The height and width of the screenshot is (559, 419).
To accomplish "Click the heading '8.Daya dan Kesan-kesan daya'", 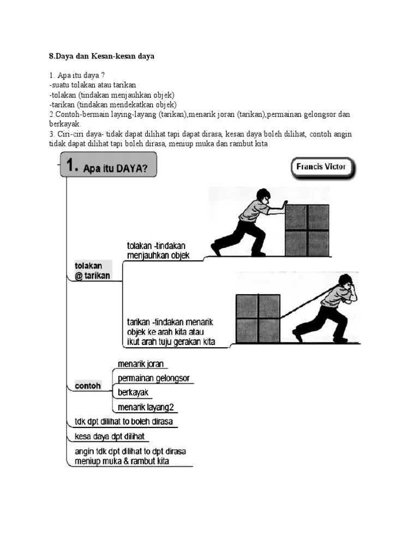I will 102,56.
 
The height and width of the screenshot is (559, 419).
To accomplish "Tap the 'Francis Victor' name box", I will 321,167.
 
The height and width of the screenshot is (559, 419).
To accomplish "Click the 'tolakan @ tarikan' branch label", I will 92,271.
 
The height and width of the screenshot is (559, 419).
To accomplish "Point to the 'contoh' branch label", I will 87,385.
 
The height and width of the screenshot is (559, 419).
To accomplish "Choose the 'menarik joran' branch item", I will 140,364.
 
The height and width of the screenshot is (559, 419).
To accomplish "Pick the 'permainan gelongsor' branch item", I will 153,378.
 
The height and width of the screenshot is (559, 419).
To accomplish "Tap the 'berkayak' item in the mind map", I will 133,392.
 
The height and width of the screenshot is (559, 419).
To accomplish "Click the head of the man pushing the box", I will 263,195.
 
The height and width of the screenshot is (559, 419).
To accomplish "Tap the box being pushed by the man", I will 307,230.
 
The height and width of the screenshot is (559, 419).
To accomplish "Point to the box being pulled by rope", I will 258,319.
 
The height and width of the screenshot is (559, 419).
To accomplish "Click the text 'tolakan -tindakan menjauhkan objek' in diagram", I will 158,251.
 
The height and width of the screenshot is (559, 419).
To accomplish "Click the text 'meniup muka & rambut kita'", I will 122,461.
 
